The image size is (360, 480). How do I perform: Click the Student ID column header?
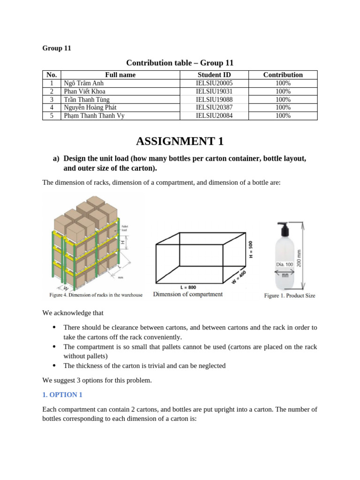tap(214, 75)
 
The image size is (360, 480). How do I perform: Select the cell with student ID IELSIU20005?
tap(214, 83)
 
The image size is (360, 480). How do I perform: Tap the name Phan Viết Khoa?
tap(84, 91)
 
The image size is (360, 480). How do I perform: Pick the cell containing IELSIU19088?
tap(214, 99)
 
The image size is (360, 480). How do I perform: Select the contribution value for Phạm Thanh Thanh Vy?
tap(283, 116)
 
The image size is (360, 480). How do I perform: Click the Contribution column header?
tap(283, 75)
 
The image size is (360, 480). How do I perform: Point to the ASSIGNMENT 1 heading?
tap(180, 141)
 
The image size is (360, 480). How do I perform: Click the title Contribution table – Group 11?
tap(180, 63)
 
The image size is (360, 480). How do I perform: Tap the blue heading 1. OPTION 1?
tap(62, 395)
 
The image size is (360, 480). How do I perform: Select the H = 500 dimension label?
tap(251, 249)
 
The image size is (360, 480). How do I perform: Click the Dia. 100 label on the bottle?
tap(284, 264)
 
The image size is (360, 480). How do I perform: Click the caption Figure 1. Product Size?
tap(289, 296)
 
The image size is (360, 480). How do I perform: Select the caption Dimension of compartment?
tap(188, 294)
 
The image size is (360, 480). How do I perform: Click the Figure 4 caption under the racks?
tap(96, 295)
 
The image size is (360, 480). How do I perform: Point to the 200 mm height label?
tap(300, 257)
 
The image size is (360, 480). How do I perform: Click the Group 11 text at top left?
tap(57, 48)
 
